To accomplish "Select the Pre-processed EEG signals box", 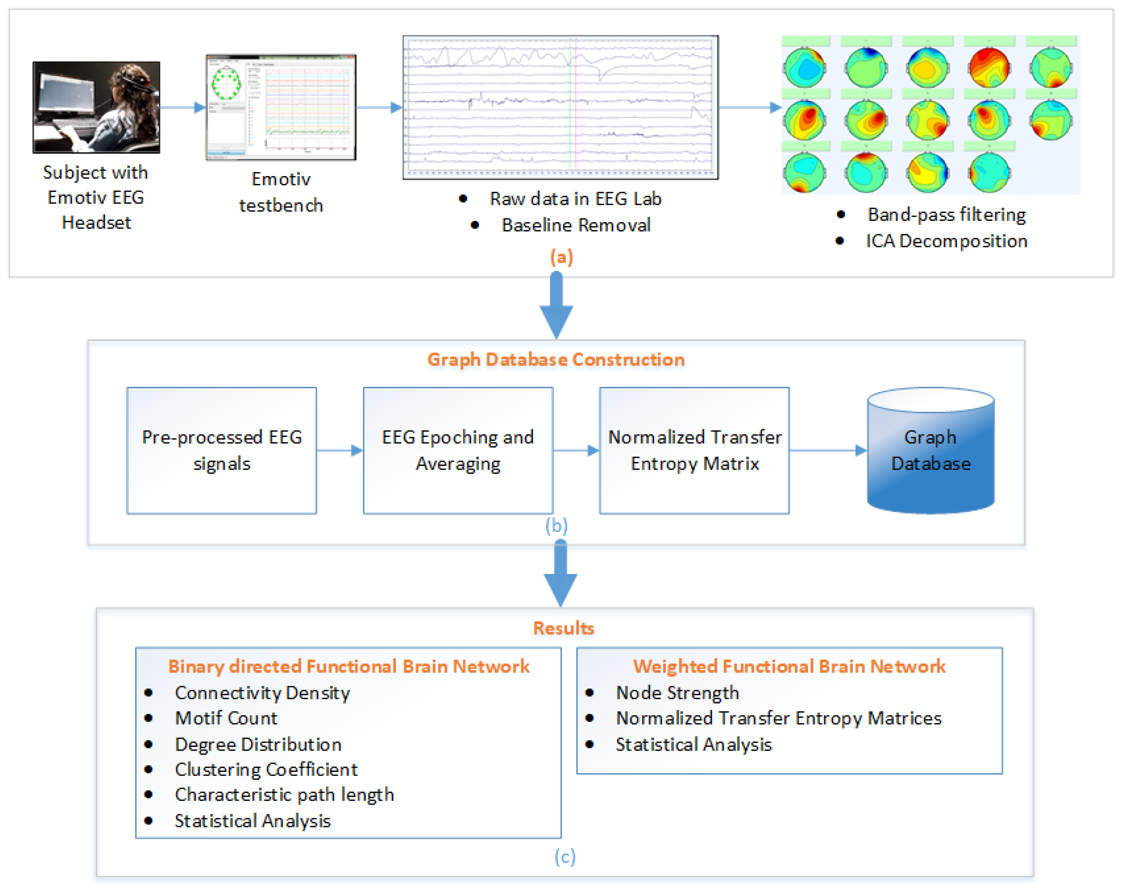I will click(222, 450).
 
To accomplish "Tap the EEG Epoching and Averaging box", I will click(458, 450).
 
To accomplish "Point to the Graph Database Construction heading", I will click(556, 360).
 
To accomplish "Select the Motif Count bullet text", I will click(226, 718).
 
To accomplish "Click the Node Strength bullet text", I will click(677, 693).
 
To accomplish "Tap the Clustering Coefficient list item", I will click(266, 769).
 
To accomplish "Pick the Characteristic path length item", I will click(284, 795).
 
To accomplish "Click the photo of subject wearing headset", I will click(97, 107).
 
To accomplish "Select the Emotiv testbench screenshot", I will click(281, 107).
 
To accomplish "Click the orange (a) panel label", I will click(561, 257).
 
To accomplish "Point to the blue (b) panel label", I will click(556, 526).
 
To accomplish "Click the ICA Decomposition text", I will click(946, 241).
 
